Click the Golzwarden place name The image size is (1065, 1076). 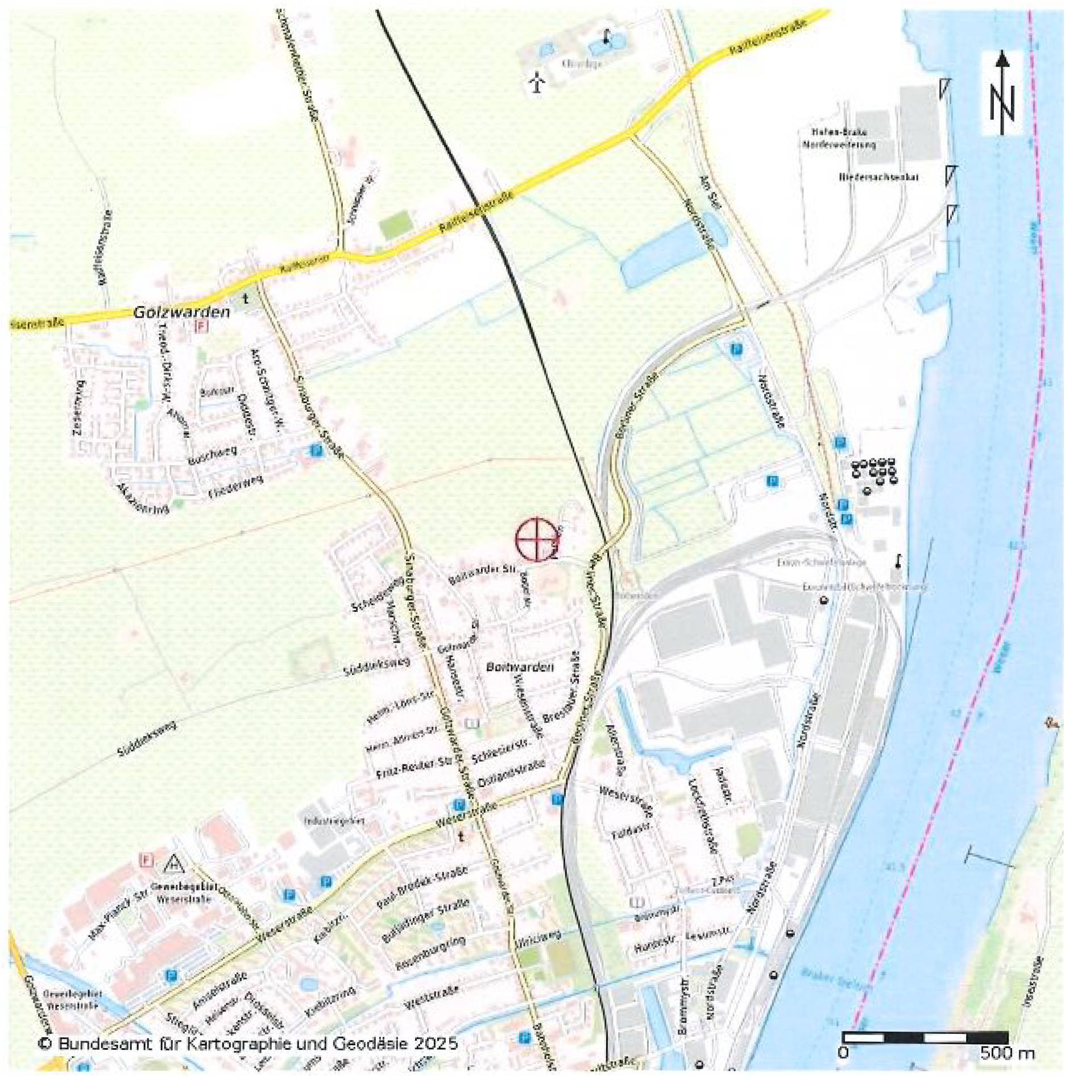tap(181, 312)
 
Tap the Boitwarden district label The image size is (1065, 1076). tap(520, 667)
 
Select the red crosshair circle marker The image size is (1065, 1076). tap(536, 539)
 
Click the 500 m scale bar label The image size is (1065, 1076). tap(1007, 1053)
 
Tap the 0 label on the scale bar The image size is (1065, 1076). tap(843, 1053)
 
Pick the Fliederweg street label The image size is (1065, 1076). tap(235, 487)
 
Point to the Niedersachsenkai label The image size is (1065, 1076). tap(878, 177)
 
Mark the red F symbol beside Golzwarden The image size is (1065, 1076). tap(201, 326)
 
